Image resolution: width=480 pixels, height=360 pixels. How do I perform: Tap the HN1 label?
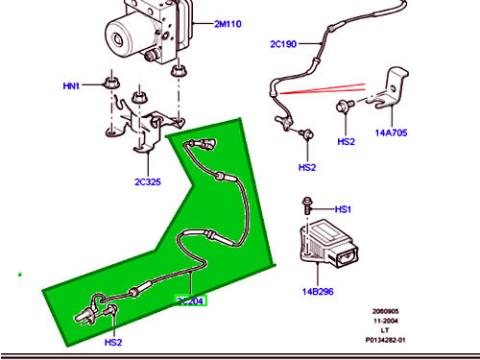coord(71,86)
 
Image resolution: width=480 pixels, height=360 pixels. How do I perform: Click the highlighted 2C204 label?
coord(191,300)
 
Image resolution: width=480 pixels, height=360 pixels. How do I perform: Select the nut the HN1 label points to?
coord(111,82)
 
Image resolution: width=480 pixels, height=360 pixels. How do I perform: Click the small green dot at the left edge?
coord(19,276)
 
